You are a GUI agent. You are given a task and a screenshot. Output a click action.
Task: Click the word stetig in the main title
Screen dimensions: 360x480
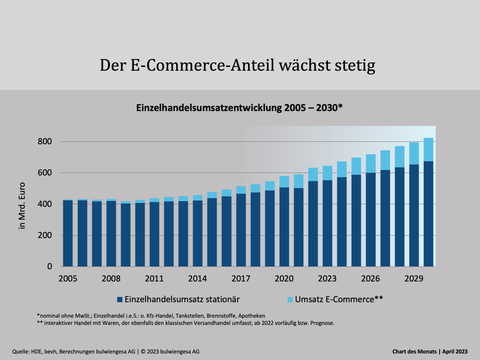pyautogui.click(x=354, y=66)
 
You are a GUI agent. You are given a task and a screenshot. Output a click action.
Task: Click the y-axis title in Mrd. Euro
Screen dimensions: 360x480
pyautogui.click(x=22, y=206)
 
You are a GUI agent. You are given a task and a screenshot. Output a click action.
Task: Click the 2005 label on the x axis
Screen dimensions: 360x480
pyautogui.click(x=68, y=278)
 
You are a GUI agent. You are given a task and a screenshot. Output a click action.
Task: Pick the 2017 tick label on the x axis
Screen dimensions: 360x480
pyautogui.click(x=241, y=278)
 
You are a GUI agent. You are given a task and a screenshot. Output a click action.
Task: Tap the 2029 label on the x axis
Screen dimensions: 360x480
pyautogui.click(x=414, y=278)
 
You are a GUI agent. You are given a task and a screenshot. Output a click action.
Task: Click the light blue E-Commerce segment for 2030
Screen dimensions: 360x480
pyautogui.click(x=428, y=150)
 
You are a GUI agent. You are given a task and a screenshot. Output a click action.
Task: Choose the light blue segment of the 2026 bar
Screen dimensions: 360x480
pyautogui.click(x=371, y=163)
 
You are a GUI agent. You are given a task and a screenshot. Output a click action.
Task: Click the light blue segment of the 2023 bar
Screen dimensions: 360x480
pyautogui.click(x=328, y=173)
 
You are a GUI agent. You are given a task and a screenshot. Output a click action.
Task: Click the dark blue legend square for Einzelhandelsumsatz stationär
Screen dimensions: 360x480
pyautogui.click(x=120, y=299)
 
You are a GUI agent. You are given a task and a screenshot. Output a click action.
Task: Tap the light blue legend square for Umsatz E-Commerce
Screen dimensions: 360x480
pyautogui.click(x=290, y=299)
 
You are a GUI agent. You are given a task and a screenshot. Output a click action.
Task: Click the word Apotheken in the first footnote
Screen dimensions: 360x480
pyautogui.click(x=251, y=316)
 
